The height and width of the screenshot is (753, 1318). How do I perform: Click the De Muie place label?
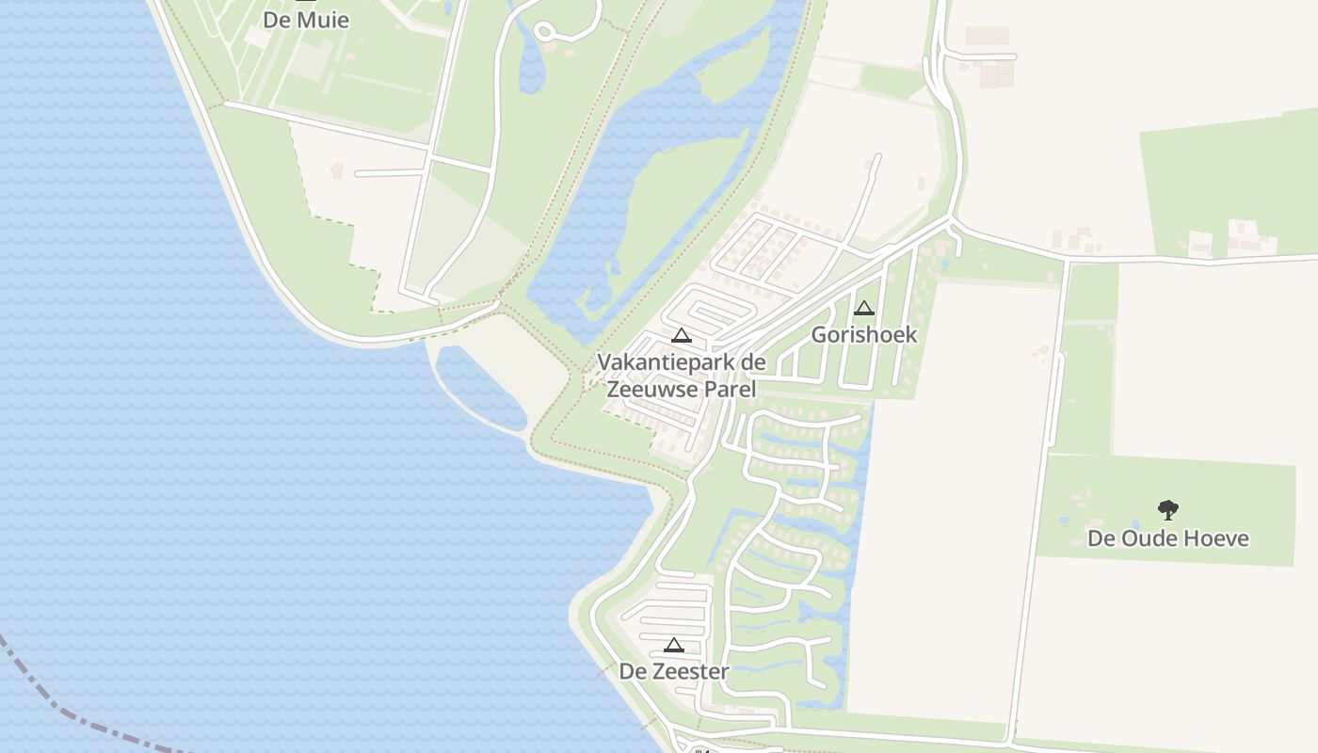(x=305, y=20)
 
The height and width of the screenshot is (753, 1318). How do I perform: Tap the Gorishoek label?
(x=863, y=334)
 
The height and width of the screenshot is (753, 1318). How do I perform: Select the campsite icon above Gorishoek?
(x=863, y=308)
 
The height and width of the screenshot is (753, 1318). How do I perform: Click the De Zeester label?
(x=673, y=671)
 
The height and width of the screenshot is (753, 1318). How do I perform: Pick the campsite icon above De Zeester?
(x=673, y=645)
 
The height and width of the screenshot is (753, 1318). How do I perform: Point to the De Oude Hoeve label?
(x=1167, y=538)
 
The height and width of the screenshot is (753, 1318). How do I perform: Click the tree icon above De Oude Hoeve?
(x=1167, y=510)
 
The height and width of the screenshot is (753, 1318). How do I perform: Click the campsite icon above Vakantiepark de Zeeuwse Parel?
(x=681, y=335)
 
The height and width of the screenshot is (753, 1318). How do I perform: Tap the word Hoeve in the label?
(x=1218, y=538)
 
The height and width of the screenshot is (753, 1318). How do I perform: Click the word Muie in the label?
(x=324, y=20)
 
